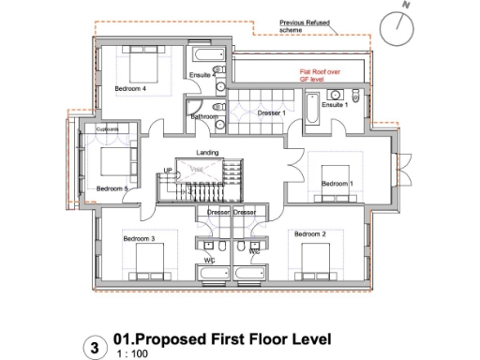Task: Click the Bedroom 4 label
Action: tap(130, 89)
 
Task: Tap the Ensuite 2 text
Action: tap(202, 74)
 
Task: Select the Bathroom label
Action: tap(204, 117)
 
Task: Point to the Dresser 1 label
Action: tap(271, 112)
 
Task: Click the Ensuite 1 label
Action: tap(335, 105)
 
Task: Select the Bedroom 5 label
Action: tap(112, 187)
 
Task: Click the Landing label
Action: tap(207, 152)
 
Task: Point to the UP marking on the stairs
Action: tap(169, 170)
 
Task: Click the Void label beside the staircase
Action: tap(198, 170)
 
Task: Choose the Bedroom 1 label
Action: tap(337, 184)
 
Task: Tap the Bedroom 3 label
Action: tap(138, 239)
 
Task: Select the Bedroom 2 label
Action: tap(309, 233)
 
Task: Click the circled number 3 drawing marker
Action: tap(93, 347)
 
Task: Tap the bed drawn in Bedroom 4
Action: tap(134, 67)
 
